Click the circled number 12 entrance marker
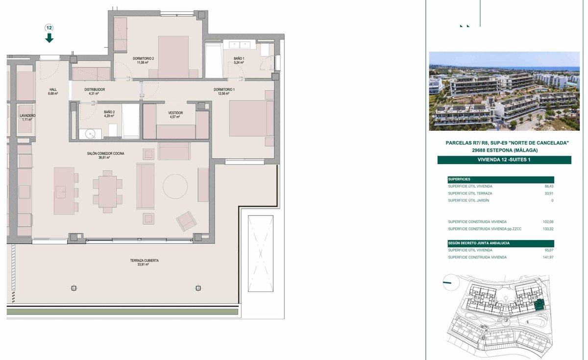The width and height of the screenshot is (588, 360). point(49,28)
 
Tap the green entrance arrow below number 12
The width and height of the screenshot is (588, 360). point(49,38)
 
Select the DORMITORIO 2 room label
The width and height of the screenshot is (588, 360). point(143,58)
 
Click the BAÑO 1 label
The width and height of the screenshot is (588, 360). point(239,58)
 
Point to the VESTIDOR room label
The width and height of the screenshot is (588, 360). point(175,113)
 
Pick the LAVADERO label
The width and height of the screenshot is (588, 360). point(27,116)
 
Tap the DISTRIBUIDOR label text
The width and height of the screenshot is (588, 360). point(95,90)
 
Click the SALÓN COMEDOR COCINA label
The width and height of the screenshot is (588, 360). point(105,153)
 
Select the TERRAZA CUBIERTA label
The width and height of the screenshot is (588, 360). point(145,261)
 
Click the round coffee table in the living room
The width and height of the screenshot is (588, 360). point(175,186)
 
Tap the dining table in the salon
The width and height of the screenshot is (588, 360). point(108,192)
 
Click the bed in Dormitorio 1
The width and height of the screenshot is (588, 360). point(251,119)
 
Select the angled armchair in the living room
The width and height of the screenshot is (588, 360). point(186,221)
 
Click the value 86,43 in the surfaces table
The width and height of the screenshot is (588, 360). point(549,186)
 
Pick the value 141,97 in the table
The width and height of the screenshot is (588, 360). point(548,258)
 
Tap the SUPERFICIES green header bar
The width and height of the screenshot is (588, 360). point(501,179)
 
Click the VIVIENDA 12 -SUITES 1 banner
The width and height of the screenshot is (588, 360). point(504,160)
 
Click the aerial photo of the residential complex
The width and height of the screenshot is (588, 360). point(504,91)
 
